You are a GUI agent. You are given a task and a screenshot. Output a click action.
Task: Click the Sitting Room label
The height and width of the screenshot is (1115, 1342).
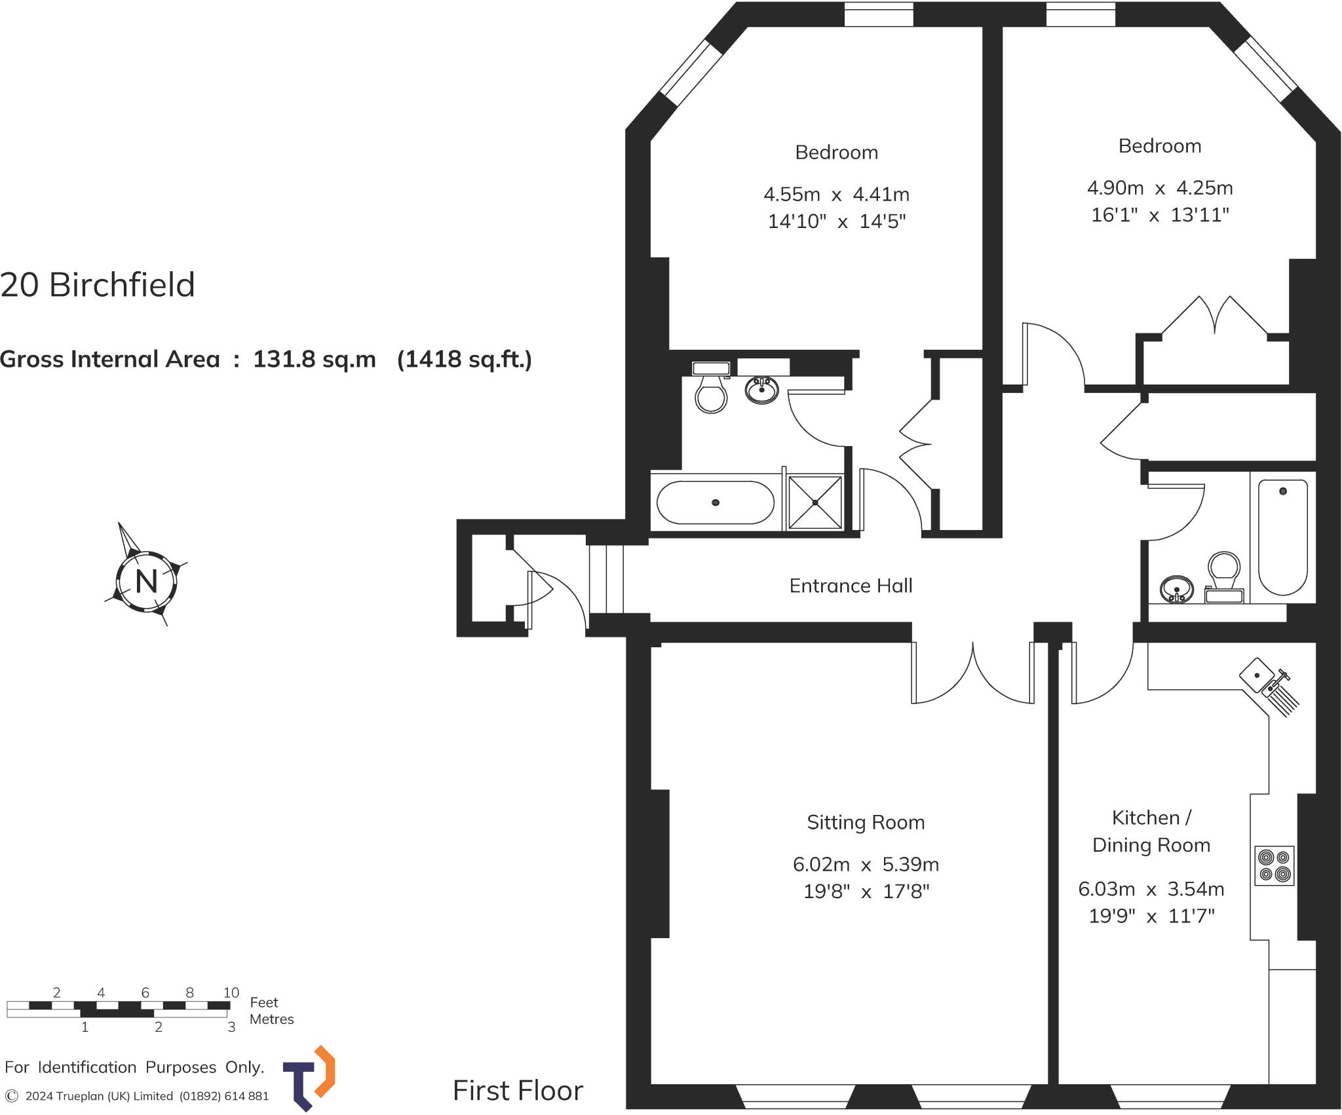[866, 822]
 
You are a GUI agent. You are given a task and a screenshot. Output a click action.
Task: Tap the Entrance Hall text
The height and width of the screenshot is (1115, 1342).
[851, 586]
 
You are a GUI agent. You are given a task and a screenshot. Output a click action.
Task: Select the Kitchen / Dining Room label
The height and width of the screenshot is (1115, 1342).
[1151, 831]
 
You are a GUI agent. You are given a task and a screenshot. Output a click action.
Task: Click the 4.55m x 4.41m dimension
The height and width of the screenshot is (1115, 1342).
[836, 195]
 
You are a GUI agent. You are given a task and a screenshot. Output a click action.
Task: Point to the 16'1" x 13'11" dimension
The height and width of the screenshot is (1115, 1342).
[1160, 215]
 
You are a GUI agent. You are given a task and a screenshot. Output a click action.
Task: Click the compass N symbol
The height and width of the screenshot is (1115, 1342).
[146, 581]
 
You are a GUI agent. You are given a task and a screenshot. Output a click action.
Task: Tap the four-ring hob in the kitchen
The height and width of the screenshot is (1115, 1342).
[1275, 866]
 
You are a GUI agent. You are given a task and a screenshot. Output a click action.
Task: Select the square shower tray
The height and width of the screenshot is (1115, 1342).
[815, 502]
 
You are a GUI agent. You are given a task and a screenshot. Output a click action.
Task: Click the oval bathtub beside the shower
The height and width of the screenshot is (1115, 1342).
[716, 502]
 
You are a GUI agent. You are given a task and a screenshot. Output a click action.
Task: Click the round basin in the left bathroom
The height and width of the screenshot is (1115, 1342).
[761, 390]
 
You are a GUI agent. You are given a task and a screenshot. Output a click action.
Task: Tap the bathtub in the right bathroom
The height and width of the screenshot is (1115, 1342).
[1282, 537]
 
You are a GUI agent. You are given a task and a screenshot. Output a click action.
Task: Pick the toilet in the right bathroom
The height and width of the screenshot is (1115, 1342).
[1224, 574]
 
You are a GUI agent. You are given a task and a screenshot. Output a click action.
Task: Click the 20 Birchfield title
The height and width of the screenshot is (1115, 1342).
[98, 285]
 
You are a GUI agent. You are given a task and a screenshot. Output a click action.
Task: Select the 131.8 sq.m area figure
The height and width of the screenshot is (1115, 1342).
[315, 359]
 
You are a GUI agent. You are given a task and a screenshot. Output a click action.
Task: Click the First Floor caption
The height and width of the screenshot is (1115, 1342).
[518, 1091]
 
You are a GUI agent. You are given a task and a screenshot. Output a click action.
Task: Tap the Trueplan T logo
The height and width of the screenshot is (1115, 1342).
[309, 1078]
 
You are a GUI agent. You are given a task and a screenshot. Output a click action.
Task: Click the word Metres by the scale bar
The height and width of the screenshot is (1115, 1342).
[271, 1019]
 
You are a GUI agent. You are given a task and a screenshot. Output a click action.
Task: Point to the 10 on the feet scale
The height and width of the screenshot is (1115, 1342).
[231, 992]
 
